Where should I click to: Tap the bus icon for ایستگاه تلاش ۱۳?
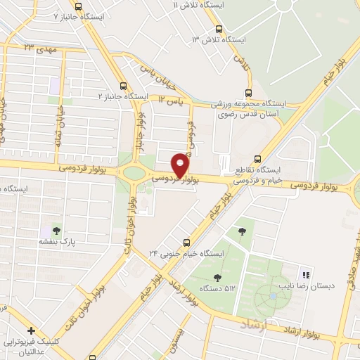point(219,30)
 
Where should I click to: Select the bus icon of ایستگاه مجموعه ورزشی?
point(247,93)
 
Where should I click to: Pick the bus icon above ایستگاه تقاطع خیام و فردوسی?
point(257,159)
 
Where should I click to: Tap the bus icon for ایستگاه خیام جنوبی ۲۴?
point(186,241)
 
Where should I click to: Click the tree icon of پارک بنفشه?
point(57,230)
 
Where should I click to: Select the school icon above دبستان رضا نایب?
point(305,274)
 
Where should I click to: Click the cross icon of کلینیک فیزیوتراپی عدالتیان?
point(30,330)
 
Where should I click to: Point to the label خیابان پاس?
point(156,78)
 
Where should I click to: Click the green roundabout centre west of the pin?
point(131,173)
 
